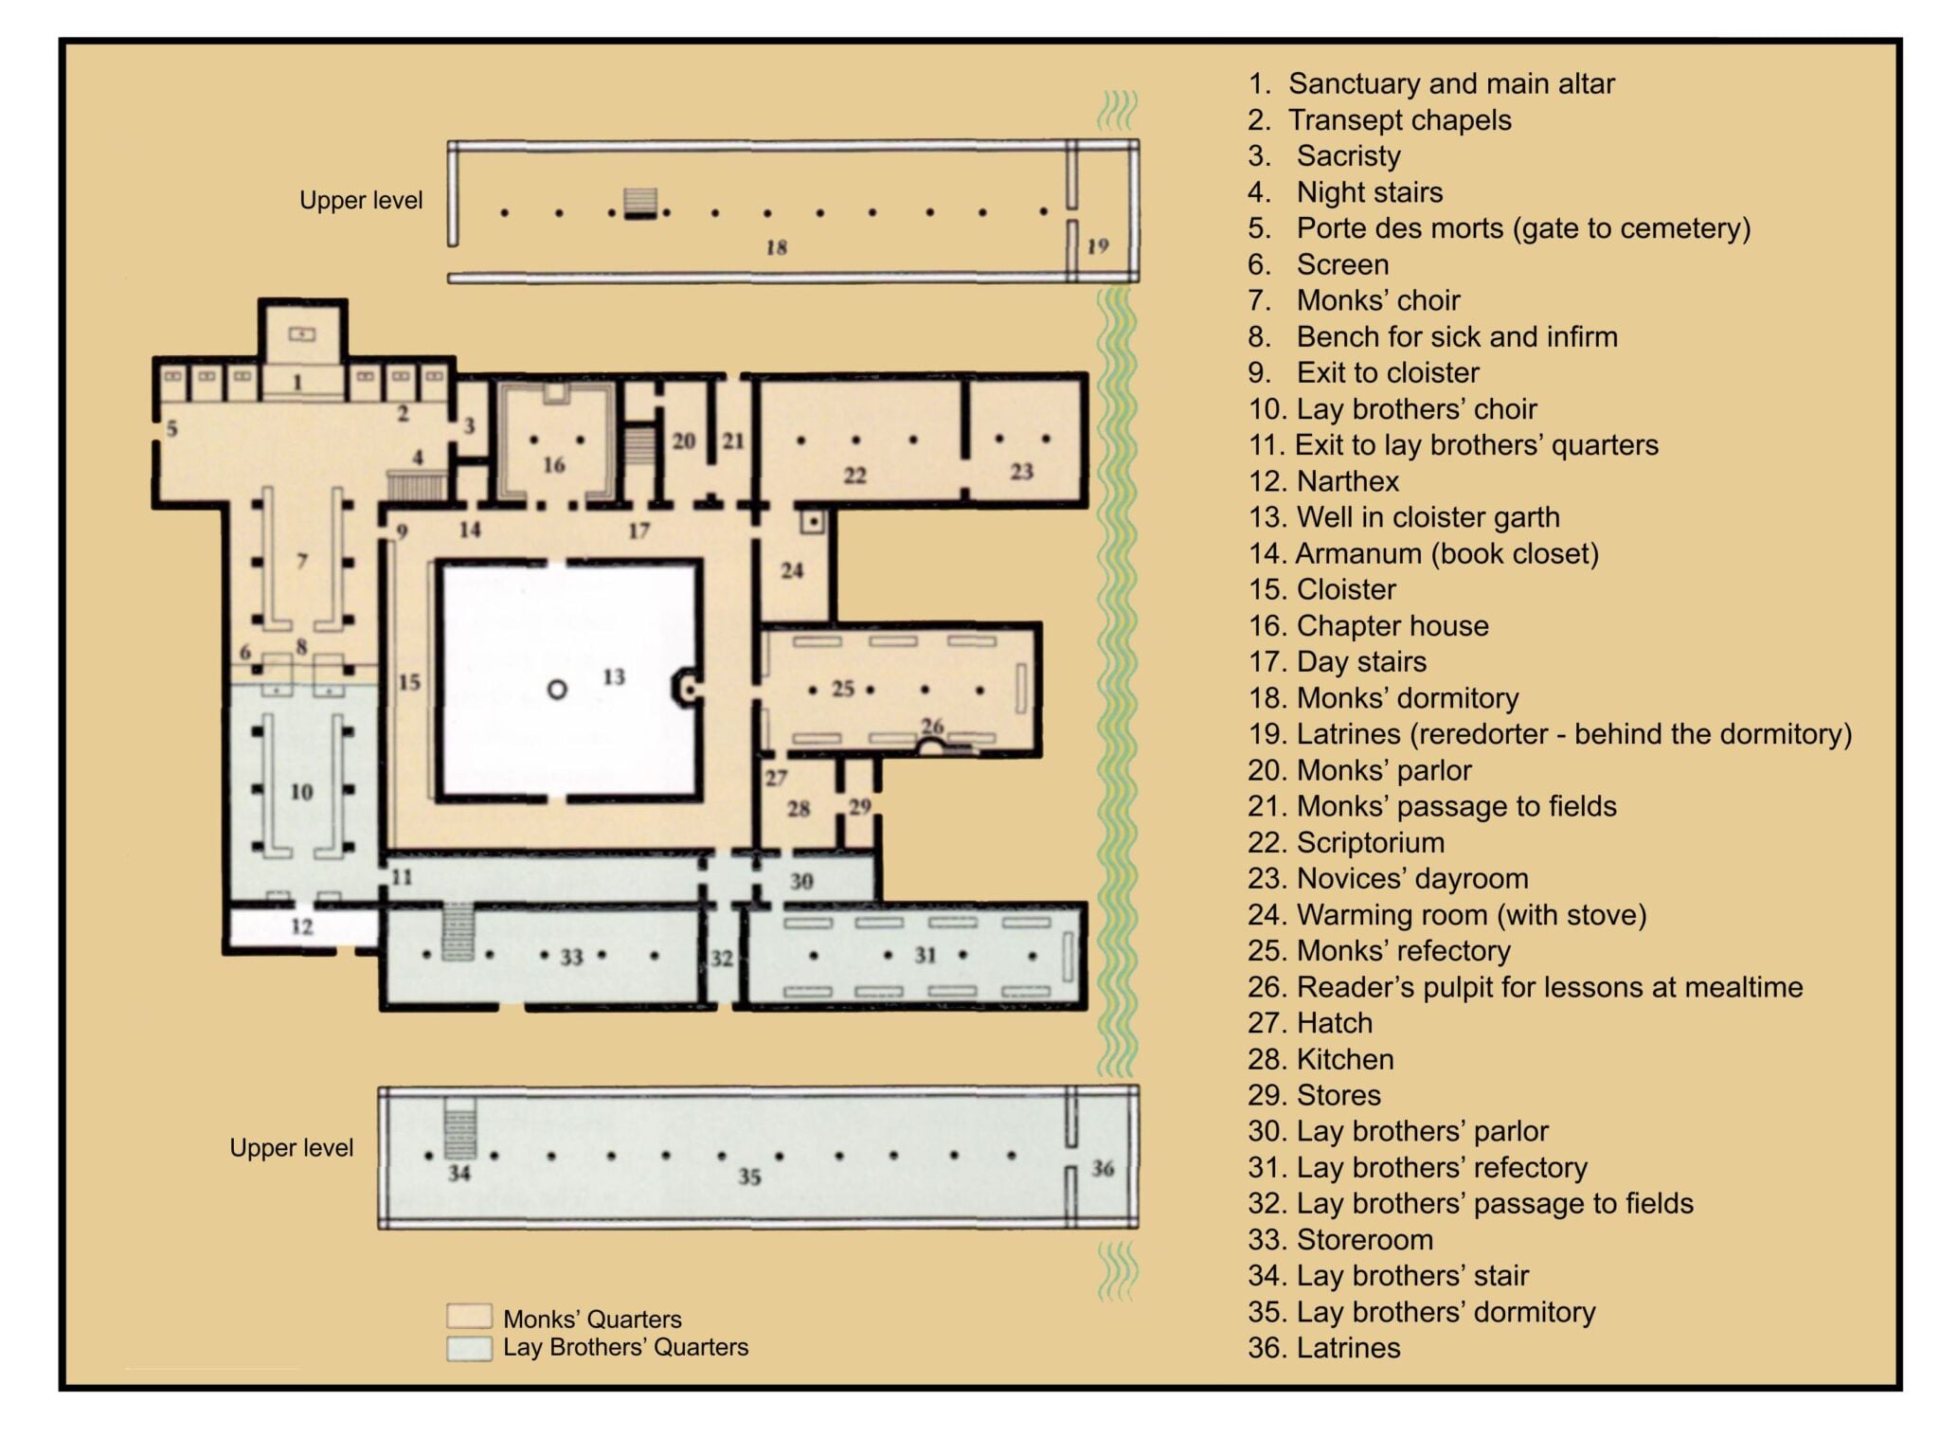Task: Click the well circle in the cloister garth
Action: [x=557, y=691]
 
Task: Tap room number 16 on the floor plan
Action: [x=554, y=465]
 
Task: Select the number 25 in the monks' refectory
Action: [x=843, y=689]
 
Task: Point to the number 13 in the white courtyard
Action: [x=614, y=676]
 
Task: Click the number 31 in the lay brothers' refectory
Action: [x=925, y=955]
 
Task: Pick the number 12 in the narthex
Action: [x=301, y=926]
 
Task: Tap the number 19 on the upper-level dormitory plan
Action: [x=1098, y=246]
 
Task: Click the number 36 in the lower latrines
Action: [x=1103, y=1168]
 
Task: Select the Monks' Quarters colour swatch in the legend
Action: [x=469, y=1316]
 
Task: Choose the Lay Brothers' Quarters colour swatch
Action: [x=469, y=1347]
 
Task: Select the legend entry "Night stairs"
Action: [x=1345, y=192]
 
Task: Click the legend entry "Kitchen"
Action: [x=1320, y=1059]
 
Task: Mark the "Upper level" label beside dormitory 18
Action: [x=361, y=201]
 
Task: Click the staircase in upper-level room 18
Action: [x=640, y=204]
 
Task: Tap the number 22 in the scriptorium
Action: [x=854, y=476]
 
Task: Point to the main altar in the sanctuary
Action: [x=302, y=333]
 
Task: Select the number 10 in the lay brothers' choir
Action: [x=301, y=792]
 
